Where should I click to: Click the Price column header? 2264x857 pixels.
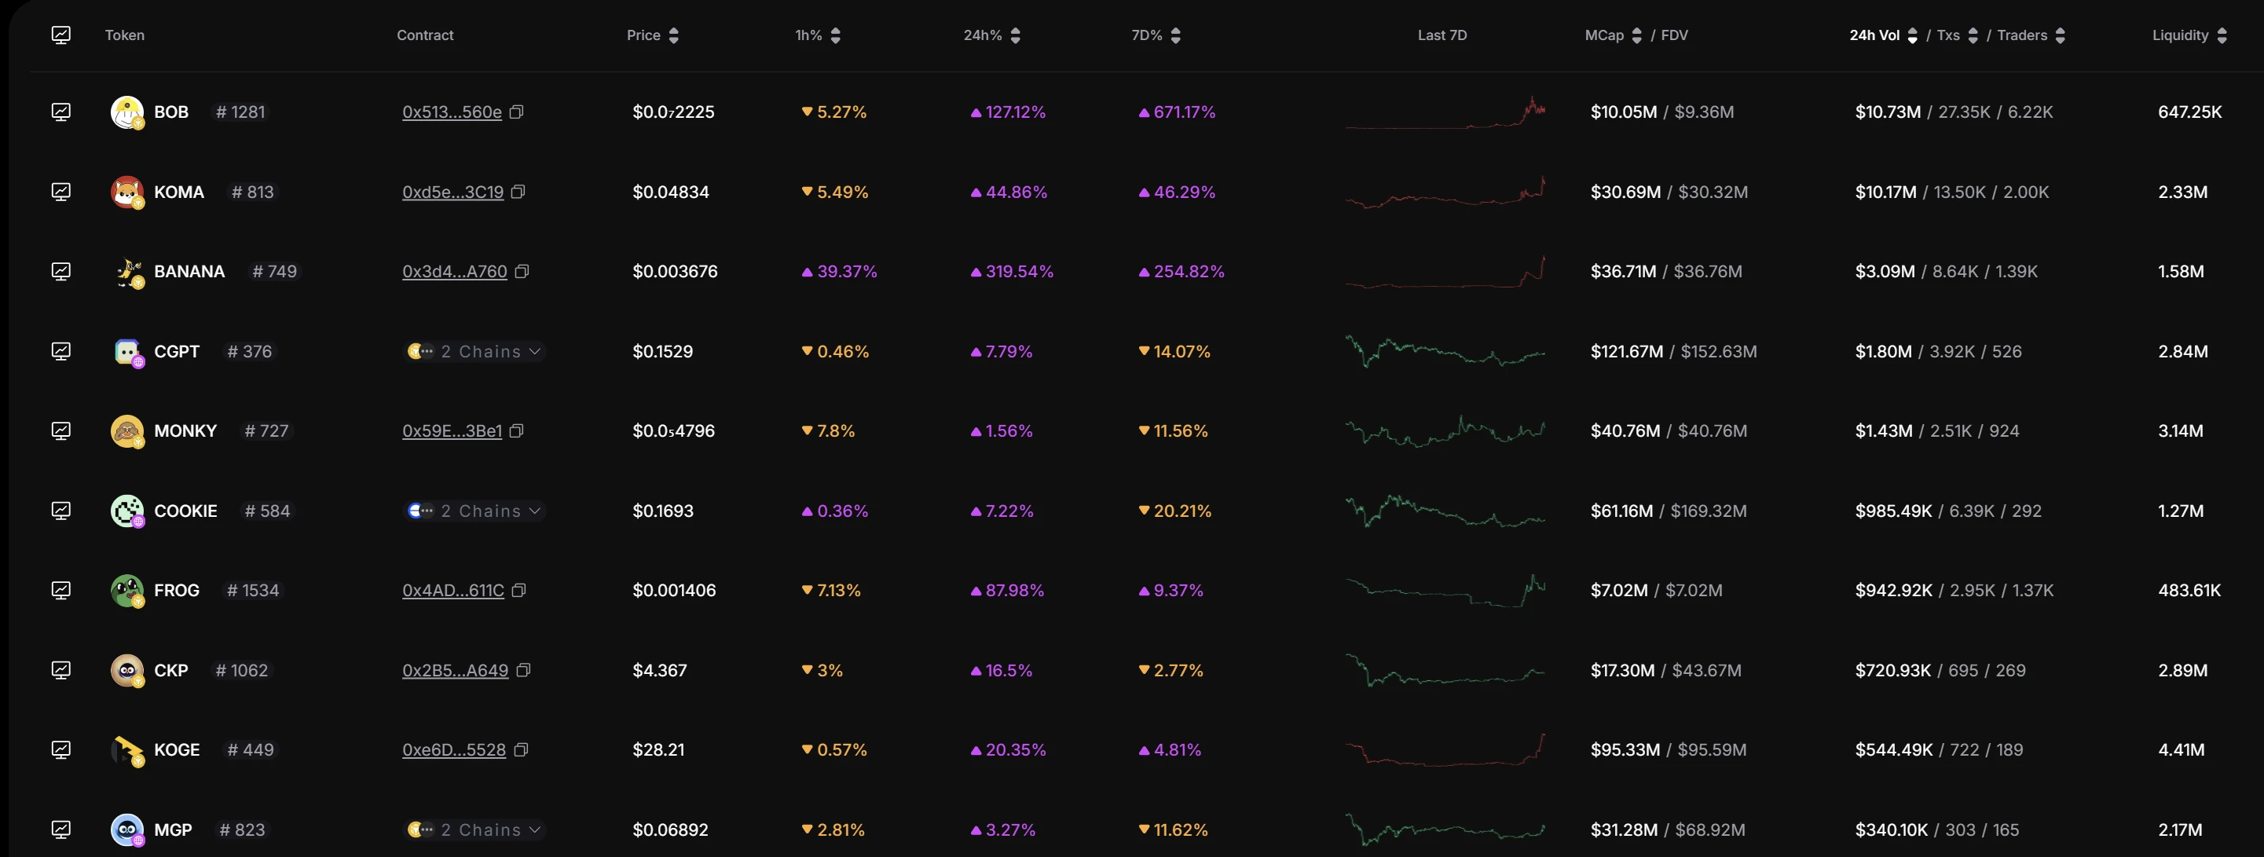pyautogui.click(x=643, y=35)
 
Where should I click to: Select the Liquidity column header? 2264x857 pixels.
pyautogui.click(x=2180, y=35)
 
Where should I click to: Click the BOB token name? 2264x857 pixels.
pyautogui.click(x=171, y=112)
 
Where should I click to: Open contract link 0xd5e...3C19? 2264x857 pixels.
pyautogui.click(x=452, y=192)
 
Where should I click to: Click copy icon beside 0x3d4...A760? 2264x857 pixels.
pyautogui.click(x=522, y=272)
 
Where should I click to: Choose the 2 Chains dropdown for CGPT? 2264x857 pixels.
pyautogui.click(x=475, y=352)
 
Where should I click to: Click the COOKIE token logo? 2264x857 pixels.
pyautogui.click(x=126, y=511)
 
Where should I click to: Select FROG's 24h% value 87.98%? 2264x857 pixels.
pyautogui.click(x=1014, y=591)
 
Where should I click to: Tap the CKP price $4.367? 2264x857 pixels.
pyautogui.click(x=659, y=670)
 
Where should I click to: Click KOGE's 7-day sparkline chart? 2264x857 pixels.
pyautogui.click(x=1445, y=749)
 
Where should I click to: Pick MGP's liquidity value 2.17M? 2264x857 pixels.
pyautogui.click(x=2180, y=830)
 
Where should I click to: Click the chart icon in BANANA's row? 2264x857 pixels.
pyautogui.click(x=60, y=272)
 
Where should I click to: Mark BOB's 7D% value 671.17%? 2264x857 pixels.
pyautogui.click(x=1184, y=112)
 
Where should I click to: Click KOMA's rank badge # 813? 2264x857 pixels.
pyautogui.click(x=253, y=192)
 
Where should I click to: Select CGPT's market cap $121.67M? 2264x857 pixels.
pyautogui.click(x=1626, y=352)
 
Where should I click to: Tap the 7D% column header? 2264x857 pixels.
pyautogui.click(x=1146, y=35)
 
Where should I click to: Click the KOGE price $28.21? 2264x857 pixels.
pyautogui.click(x=658, y=749)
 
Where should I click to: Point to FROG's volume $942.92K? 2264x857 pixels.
pyautogui.click(x=1893, y=591)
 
